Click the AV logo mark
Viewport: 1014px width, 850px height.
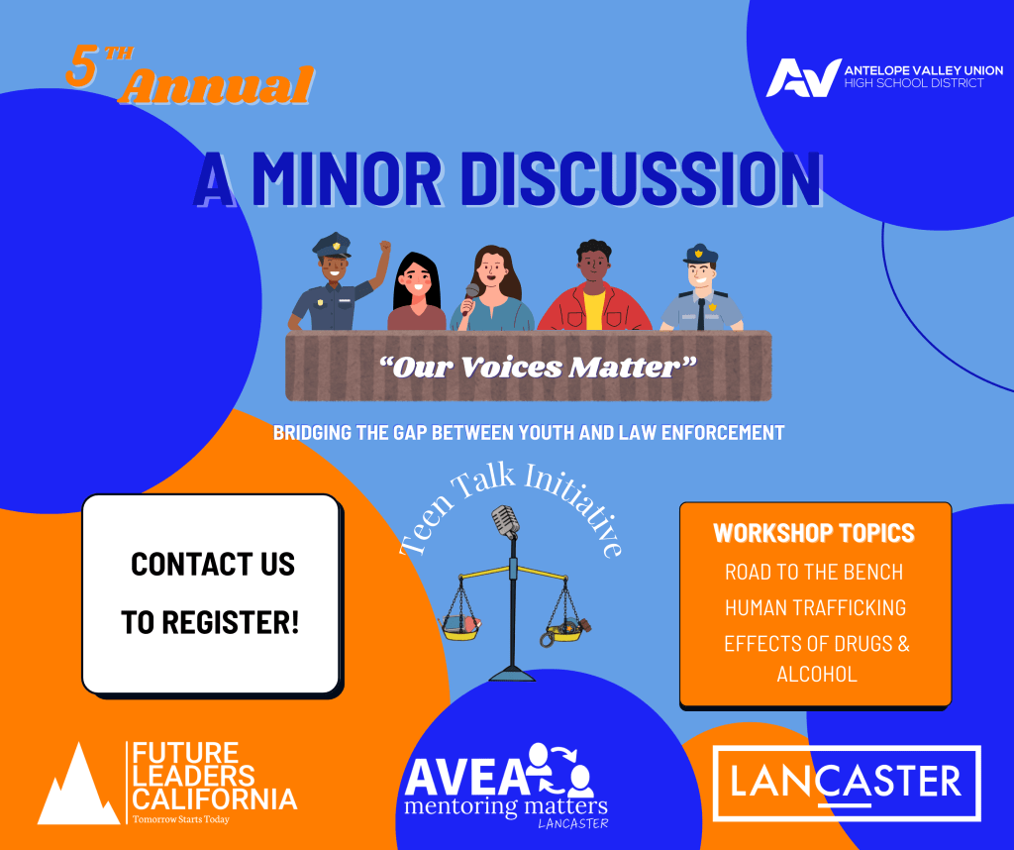click(804, 77)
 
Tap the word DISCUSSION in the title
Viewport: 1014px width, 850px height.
click(641, 179)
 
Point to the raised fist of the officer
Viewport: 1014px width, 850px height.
click(385, 247)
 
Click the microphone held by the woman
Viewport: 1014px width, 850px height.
click(470, 297)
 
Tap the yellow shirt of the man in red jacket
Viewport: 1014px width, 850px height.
click(594, 310)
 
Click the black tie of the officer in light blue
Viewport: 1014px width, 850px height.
click(701, 314)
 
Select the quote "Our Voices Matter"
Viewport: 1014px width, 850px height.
click(538, 368)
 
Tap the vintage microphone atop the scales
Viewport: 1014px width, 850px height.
click(505, 521)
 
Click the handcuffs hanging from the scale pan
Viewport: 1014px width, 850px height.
click(547, 640)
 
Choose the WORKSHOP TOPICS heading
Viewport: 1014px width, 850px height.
click(814, 533)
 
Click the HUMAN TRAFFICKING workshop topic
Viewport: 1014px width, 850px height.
click(816, 608)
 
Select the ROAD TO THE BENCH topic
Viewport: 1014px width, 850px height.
click(814, 573)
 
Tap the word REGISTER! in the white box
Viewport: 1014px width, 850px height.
click(231, 622)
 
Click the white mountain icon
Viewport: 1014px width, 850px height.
click(78, 784)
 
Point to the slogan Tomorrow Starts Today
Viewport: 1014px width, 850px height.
click(181, 819)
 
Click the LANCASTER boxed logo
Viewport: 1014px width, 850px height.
click(847, 784)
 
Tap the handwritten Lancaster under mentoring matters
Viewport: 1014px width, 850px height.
click(573, 824)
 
